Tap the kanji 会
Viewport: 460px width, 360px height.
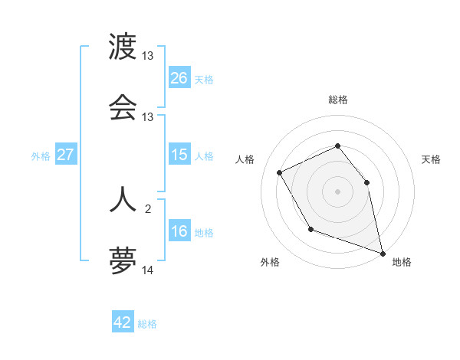click(123, 108)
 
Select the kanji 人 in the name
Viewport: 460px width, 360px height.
click(123, 198)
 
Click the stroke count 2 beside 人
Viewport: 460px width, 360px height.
click(148, 206)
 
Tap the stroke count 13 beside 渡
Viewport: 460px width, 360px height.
click(148, 56)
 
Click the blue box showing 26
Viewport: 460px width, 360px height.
click(179, 77)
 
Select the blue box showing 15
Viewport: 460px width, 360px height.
click(179, 155)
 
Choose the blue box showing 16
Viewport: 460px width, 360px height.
click(179, 231)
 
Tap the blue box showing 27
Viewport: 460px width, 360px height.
click(66, 155)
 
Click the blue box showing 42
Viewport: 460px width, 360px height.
click(123, 322)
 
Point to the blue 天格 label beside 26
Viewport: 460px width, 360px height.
click(204, 79)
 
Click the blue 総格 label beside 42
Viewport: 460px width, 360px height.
click(147, 324)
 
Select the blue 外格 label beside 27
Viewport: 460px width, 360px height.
click(41, 156)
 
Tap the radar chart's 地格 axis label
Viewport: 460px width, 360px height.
click(402, 262)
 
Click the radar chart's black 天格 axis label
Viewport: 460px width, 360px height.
click(431, 159)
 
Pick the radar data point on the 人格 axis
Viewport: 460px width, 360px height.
click(280, 172)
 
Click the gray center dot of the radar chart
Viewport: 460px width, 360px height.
click(338, 191)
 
